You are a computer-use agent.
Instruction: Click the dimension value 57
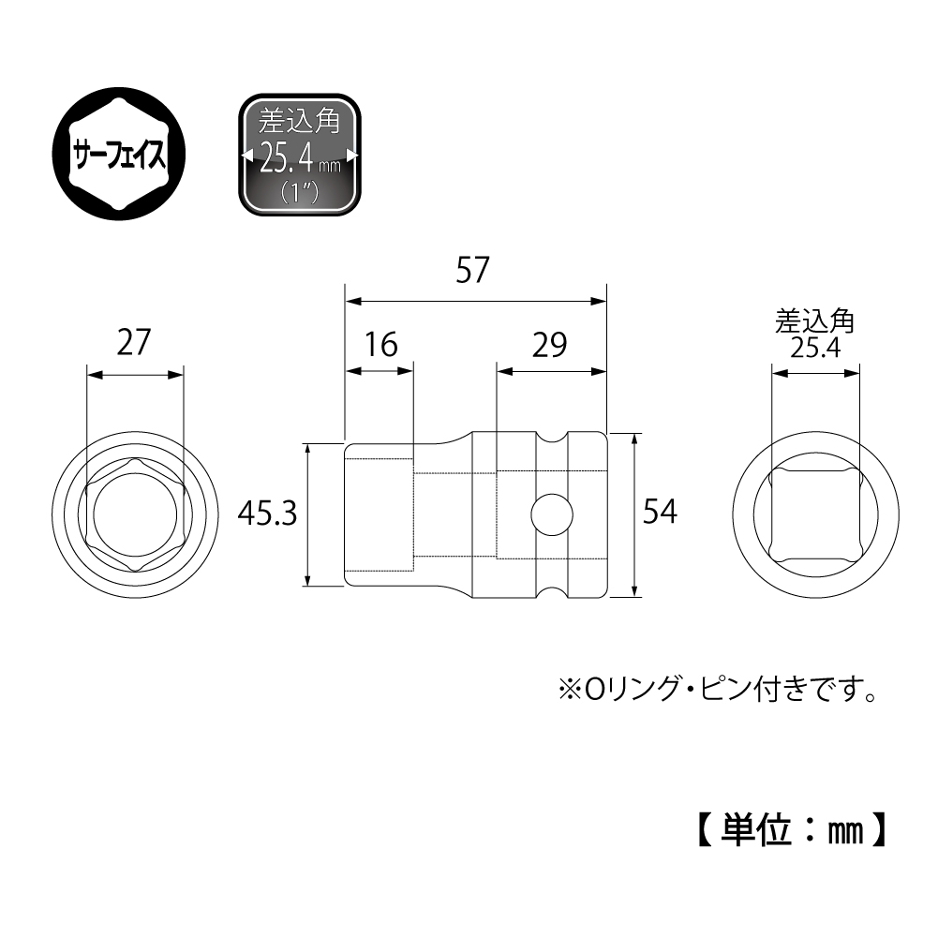(x=474, y=272)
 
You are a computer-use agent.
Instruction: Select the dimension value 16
(x=381, y=345)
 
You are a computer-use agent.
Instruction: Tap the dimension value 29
(x=550, y=345)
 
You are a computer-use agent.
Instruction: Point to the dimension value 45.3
(x=267, y=513)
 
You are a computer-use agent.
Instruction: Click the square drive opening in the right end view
(x=814, y=514)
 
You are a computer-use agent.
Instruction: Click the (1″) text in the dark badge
(x=298, y=188)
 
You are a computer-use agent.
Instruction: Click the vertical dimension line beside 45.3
(x=308, y=514)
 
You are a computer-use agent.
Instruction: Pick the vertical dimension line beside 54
(x=636, y=514)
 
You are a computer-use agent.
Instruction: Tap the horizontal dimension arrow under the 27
(x=135, y=375)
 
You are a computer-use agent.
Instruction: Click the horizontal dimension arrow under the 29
(x=551, y=371)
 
